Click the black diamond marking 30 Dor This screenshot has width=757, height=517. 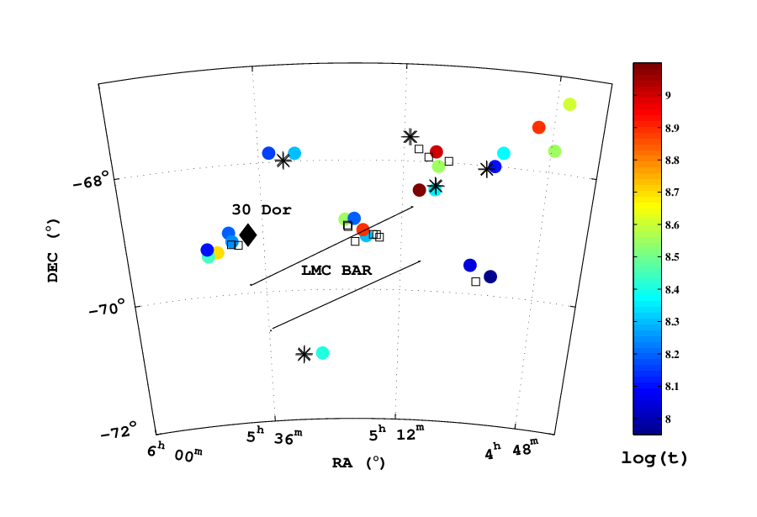(x=248, y=235)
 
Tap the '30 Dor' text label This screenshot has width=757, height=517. (x=262, y=209)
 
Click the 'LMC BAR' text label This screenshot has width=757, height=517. (x=336, y=271)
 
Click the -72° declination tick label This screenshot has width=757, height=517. (x=119, y=430)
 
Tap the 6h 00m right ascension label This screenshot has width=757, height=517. (x=175, y=452)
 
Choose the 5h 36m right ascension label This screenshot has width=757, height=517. (x=274, y=435)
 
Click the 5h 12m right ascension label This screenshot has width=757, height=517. (x=396, y=433)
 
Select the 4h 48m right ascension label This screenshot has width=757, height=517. (x=511, y=448)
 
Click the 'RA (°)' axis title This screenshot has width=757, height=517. (x=358, y=463)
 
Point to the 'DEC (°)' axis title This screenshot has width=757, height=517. (x=54, y=250)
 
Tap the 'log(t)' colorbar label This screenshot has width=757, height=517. (x=654, y=458)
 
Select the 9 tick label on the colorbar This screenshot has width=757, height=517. (x=668, y=95)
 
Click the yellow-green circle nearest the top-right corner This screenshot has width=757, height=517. (x=569, y=104)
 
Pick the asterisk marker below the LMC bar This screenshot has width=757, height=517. (x=304, y=354)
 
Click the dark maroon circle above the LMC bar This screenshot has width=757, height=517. (x=419, y=190)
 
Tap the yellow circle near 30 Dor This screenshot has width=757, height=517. (x=218, y=253)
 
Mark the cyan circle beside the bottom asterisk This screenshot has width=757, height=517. (x=322, y=353)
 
